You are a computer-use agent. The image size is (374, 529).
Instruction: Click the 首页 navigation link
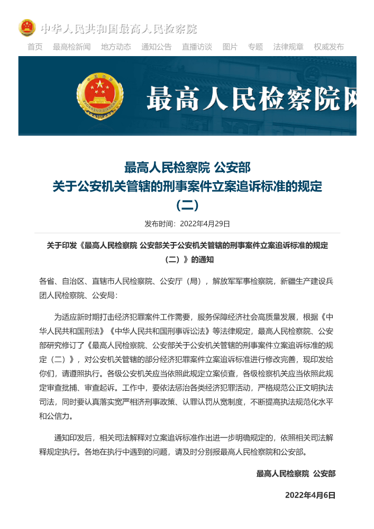click(x=35, y=47)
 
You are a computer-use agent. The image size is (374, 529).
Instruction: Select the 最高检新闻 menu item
click(x=71, y=47)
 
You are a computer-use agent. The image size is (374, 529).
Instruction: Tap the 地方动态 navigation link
click(x=116, y=47)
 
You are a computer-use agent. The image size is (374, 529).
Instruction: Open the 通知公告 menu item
click(x=156, y=47)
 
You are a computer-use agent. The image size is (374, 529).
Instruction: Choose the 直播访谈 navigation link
click(x=197, y=47)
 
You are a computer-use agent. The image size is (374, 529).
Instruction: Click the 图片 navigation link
click(x=230, y=47)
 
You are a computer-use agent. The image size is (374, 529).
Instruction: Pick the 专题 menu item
click(x=255, y=47)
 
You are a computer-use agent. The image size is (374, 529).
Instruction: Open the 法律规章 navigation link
click(x=288, y=47)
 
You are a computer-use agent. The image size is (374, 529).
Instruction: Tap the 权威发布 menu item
click(x=329, y=47)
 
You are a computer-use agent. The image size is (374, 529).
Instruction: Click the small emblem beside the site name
click(x=27, y=28)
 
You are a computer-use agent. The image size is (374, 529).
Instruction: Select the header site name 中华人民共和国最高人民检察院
click(x=118, y=29)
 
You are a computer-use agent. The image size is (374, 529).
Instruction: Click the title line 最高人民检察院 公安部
click(x=187, y=168)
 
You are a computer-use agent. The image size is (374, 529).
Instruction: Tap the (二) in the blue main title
click(x=187, y=204)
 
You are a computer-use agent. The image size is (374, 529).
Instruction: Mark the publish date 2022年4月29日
click(x=205, y=223)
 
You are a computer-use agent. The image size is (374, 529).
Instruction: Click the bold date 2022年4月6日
click(x=310, y=495)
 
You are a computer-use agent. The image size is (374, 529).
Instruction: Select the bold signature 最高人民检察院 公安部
click(x=296, y=473)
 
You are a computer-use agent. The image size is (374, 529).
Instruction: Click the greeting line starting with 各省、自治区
click(x=186, y=281)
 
